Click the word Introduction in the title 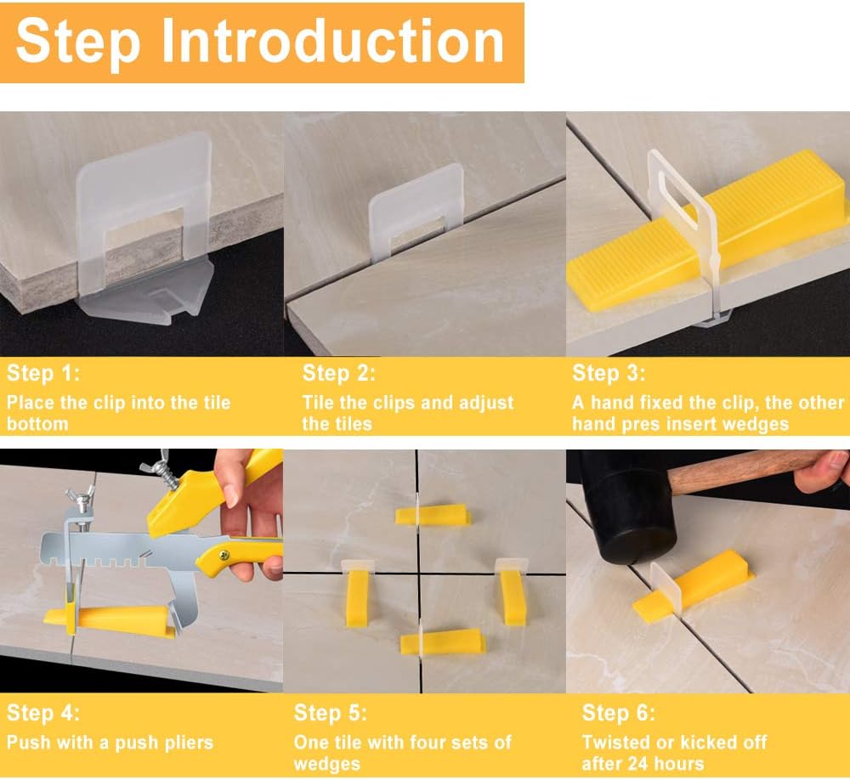333,41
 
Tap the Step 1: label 43,373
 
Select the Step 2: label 339,373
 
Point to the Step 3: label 609,373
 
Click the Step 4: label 43,712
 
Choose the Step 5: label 330,712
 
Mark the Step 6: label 619,712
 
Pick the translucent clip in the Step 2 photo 416,209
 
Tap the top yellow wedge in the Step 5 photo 433,515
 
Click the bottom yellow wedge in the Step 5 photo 441,642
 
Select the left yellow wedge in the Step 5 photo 357,597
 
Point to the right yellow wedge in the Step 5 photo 512,596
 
